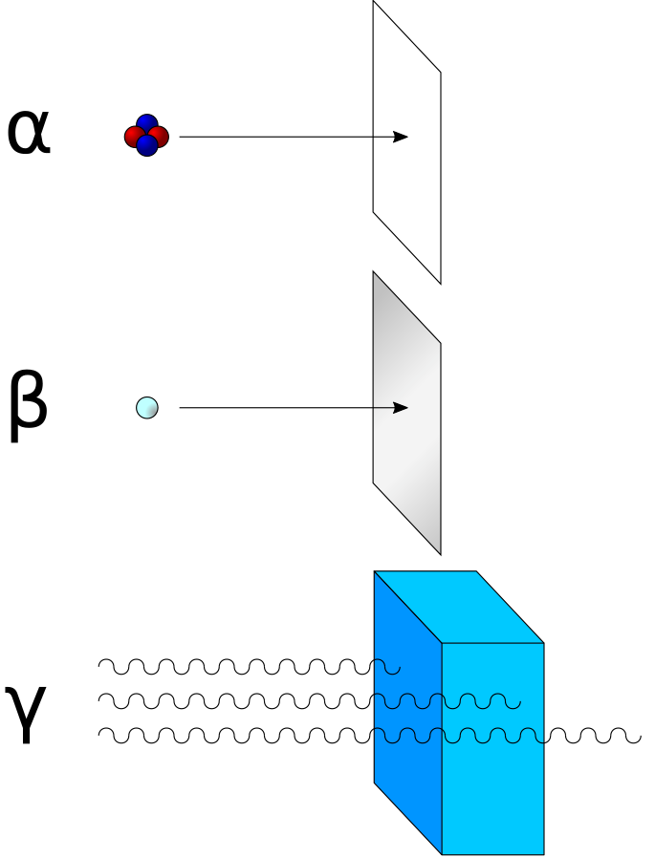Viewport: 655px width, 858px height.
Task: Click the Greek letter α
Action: pyautogui.click(x=28, y=133)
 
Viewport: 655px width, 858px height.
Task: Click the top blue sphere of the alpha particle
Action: pyautogui.click(x=146, y=124)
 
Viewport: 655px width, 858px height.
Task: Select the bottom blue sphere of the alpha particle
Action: pyautogui.click(x=146, y=146)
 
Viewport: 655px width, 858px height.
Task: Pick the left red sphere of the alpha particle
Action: pyautogui.click(x=135, y=137)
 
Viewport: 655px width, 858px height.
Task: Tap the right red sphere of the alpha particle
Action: pyautogui.click(x=159, y=137)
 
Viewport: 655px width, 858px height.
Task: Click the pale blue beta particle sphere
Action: pyautogui.click(x=147, y=408)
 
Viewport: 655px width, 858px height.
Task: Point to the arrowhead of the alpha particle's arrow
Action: pyautogui.click(x=403, y=137)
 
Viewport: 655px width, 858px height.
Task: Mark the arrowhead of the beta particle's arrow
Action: pyautogui.click(x=403, y=408)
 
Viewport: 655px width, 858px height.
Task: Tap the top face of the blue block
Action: pyautogui.click(x=459, y=607)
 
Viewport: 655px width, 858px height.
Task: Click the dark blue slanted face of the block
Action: pyautogui.click(x=407, y=755)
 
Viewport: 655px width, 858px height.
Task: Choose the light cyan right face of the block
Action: pyautogui.click(x=492, y=764)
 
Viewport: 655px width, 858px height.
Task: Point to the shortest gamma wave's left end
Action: pyautogui.click(x=100, y=665)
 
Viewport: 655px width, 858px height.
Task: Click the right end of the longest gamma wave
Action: pyautogui.click(x=639, y=736)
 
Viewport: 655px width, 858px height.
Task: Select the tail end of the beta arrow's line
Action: pyautogui.click(x=181, y=408)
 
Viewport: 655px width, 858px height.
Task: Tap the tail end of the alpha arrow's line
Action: pyautogui.click(x=181, y=137)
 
